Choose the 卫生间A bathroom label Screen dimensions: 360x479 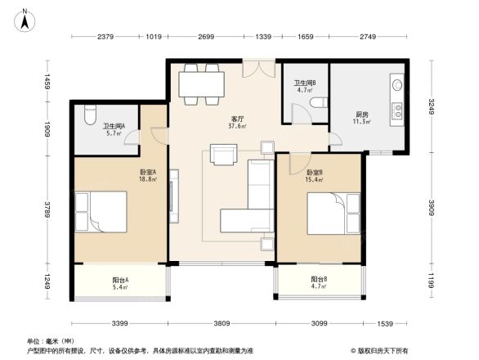(x=113, y=126)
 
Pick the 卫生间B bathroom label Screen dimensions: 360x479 (x=305, y=83)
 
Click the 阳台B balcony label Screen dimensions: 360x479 (x=319, y=280)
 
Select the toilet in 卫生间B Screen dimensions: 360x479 (x=320, y=102)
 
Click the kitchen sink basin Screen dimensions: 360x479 (x=396, y=84)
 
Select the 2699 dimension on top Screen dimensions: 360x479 (x=206, y=38)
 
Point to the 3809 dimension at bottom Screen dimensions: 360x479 (x=224, y=322)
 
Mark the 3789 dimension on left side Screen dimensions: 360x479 (x=48, y=209)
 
